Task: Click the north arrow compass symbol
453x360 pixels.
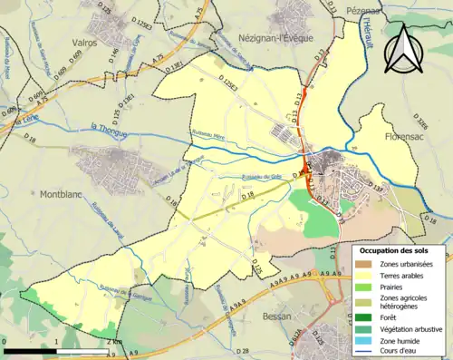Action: pos(404,48)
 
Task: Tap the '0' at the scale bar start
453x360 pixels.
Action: pos(5,342)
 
